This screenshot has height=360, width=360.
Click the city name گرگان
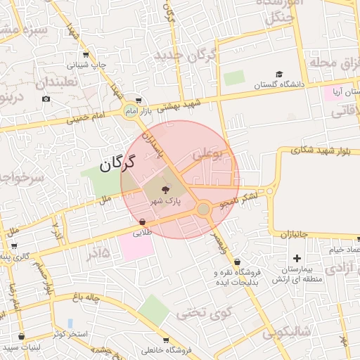(x=116, y=165)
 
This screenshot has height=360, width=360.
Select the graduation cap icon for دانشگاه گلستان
(x=279, y=75)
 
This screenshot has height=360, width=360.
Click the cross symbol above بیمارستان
(x=297, y=258)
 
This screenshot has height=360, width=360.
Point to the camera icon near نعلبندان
(x=46, y=98)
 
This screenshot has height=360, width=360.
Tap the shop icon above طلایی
(x=143, y=221)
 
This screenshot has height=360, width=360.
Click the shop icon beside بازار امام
(x=138, y=101)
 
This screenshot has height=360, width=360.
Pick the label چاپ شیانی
(x=91, y=65)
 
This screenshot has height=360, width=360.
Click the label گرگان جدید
(x=185, y=55)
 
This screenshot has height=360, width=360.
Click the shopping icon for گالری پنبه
(x=14, y=246)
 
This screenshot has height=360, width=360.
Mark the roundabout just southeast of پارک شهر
(x=203, y=209)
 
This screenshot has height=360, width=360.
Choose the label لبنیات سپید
(x=21, y=347)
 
